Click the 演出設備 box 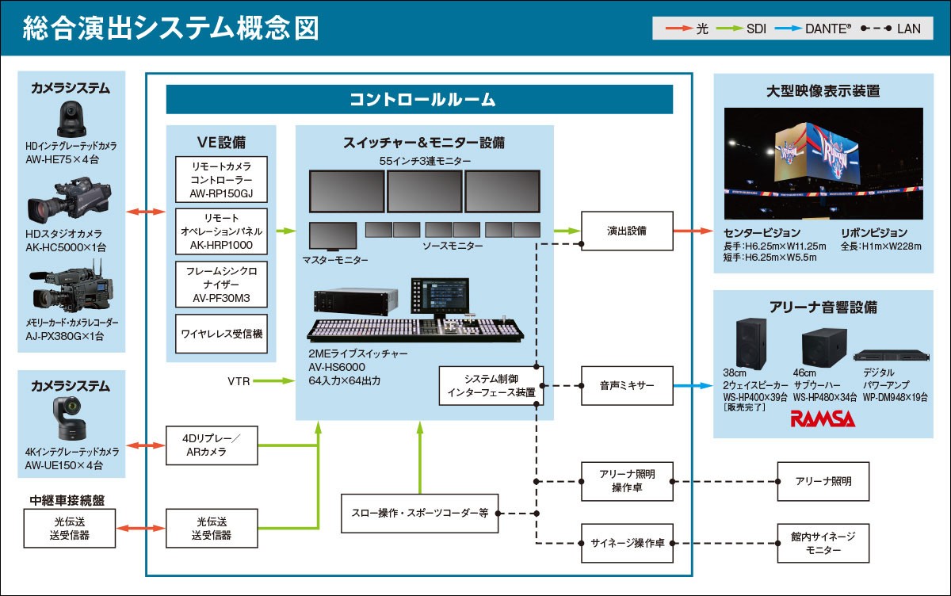pos(627,231)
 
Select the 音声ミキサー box pos(627,386)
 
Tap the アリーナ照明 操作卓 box pos(627,480)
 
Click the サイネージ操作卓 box pos(627,543)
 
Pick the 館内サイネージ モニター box pos(817,543)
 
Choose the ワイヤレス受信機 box pos(221,334)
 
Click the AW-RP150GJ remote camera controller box pos(221,179)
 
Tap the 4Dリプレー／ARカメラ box pos(211,445)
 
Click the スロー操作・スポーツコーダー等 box pos(419,514)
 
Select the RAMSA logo pos(822,418)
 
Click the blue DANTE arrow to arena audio pos(693,386)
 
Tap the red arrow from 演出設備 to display pos(693,231)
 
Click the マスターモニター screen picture pos(333,236)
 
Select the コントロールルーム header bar pos(419,100)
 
